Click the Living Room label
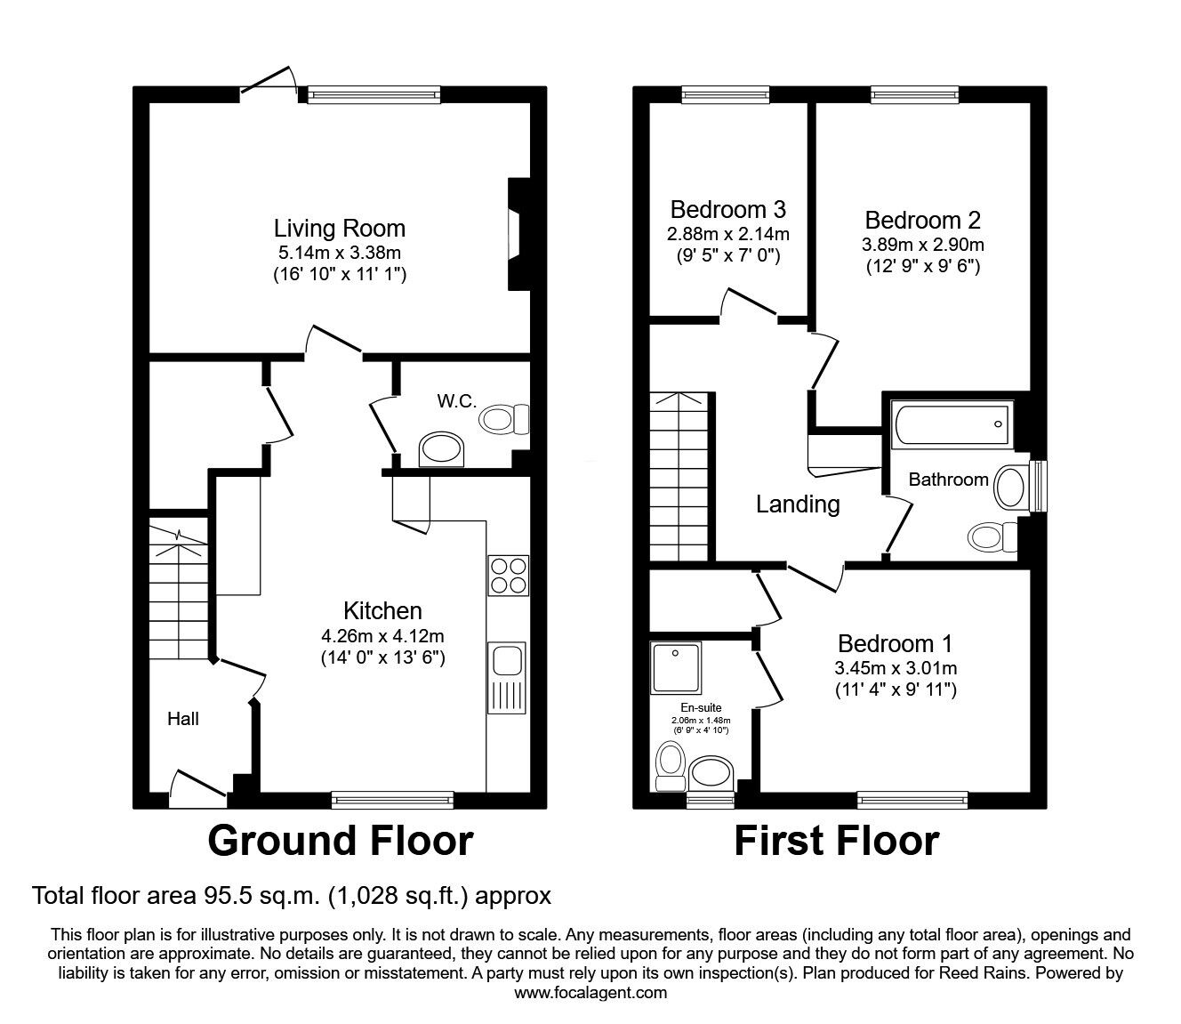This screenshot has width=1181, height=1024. (340, 229)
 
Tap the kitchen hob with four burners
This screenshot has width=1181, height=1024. (508, 576)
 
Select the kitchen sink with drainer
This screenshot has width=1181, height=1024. (506, 678)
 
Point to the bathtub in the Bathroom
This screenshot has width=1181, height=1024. (952, 424)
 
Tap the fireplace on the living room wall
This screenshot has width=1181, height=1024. (519, 234)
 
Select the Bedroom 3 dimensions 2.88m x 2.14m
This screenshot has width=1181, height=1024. (728, 234)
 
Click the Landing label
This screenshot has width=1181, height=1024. (798, 504)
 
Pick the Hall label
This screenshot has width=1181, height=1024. (183, 719)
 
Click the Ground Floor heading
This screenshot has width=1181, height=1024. (341, 841)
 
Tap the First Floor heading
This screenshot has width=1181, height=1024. (837, 841)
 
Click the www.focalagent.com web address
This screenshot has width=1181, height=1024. (590, 992)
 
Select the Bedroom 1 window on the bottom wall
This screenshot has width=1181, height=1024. (912, 800)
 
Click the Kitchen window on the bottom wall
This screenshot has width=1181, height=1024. (392, 800)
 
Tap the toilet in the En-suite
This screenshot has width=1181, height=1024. (671, 766)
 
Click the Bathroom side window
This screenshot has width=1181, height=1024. (1038, 486)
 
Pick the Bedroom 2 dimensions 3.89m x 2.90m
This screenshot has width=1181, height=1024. (923, 245)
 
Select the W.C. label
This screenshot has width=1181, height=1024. (456, 401)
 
